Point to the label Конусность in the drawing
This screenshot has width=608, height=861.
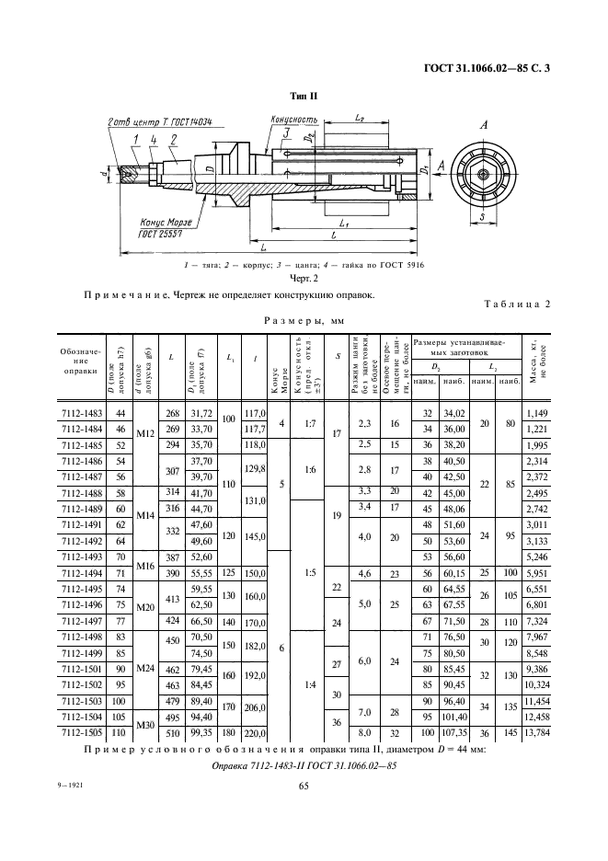(294, 119)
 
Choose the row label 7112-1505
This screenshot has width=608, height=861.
(81, 734)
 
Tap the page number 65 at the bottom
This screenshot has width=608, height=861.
(303, 785)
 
